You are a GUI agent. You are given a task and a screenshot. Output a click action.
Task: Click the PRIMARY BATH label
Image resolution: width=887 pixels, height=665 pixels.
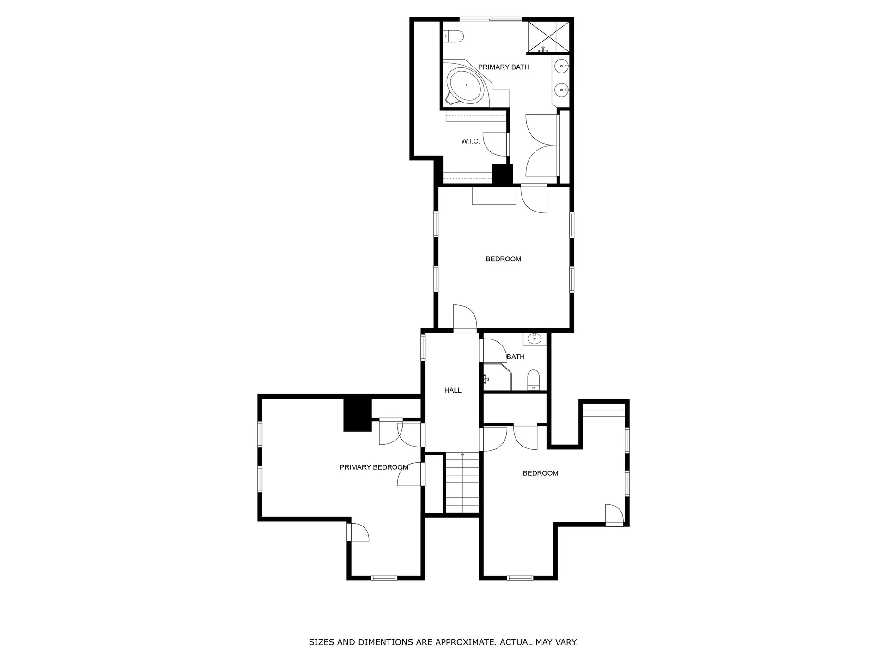504,67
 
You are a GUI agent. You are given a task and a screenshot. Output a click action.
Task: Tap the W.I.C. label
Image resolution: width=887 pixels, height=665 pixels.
470,141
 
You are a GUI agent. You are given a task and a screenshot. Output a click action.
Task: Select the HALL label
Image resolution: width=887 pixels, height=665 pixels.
453,391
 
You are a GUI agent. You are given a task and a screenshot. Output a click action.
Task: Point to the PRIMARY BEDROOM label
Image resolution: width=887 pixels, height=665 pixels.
374,467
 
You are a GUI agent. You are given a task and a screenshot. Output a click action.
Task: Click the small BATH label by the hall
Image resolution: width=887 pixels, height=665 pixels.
516,357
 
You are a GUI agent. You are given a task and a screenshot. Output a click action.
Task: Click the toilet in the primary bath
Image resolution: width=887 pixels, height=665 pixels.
453,36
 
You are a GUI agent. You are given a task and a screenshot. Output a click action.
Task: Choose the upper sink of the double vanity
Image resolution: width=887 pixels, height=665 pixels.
562,66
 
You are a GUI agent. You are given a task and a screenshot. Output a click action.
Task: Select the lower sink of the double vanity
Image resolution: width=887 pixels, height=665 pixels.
562,90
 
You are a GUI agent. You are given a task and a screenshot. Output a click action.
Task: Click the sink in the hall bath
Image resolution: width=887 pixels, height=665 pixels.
535,339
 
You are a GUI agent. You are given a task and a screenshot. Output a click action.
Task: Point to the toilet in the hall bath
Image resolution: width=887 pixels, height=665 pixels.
534,380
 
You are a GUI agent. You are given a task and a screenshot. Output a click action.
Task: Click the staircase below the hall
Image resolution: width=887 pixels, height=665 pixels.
462,483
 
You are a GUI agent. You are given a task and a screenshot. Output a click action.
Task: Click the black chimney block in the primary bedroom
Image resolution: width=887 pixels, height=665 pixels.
358,415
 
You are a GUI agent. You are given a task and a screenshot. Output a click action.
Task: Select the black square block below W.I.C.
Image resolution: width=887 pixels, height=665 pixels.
503,175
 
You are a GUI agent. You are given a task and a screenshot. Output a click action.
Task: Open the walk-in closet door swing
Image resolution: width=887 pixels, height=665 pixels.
495,144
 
